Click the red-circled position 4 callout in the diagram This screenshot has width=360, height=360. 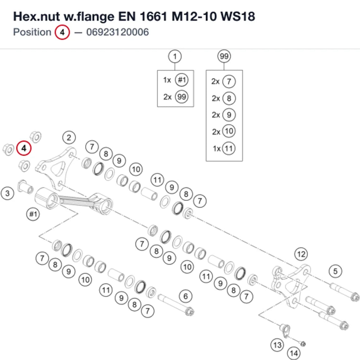(24, 148)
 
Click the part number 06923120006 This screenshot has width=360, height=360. (118, 32)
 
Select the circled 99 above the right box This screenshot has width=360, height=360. (224, 56)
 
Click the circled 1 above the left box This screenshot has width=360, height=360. (175, 56)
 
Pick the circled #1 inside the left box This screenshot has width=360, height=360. (181, 80)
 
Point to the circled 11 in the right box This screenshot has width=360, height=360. (229, 149)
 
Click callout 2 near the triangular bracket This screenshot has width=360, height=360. (69, 138)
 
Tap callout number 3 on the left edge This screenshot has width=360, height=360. (7, 193)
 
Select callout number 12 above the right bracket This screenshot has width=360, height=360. (301, 254)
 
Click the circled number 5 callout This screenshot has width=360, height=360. (336, 271)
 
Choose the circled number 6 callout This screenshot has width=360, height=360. (185, 296)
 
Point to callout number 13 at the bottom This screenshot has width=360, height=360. (277, 345)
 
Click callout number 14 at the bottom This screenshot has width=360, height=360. (294, 353)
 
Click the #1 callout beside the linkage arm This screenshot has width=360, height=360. (33, 214)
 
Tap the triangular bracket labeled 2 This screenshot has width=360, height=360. (56, 168)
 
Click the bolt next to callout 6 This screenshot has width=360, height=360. (176, 305)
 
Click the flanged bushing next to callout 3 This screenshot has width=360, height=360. (26, 187)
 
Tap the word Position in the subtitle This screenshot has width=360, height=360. (32, 32)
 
